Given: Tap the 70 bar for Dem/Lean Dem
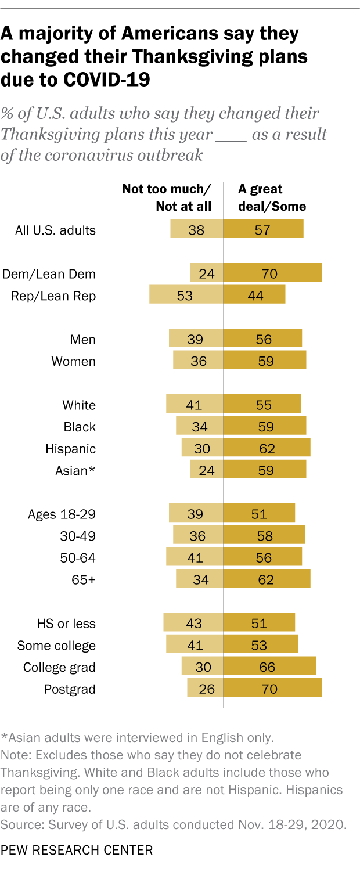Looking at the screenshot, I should [x=273, y=273].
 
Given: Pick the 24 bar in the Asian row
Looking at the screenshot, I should [x=207, y=470].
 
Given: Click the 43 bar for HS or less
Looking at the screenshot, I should [x=193, y=623].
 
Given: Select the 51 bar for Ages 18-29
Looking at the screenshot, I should [x=260, y=513].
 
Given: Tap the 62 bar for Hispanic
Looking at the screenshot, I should [x=267, y=448].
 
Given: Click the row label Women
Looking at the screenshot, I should [x=73, y=361].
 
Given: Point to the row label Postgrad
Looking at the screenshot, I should [x=70, y=689].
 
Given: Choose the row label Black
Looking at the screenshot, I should [x=80, y=427].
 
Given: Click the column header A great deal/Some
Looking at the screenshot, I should [x=272, y=197].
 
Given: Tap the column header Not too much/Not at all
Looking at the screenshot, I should [x=167, y=197].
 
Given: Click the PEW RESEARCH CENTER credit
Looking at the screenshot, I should [x=77, y=851].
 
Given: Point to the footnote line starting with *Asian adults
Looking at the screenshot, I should [x=136, y=738].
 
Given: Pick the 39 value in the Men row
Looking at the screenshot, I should [x=196, y=339].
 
